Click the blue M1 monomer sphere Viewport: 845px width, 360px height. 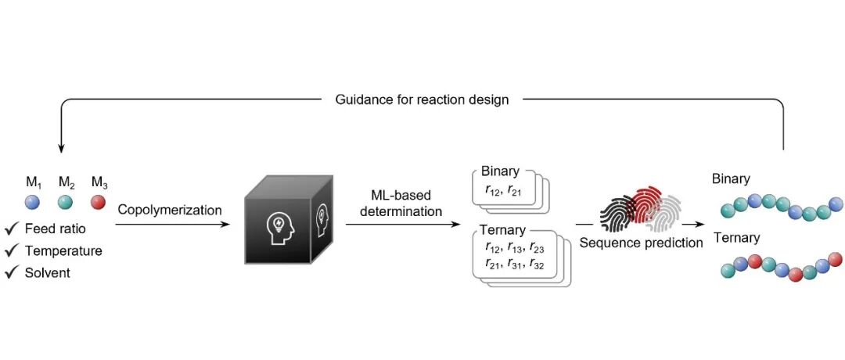(x=32, y=202)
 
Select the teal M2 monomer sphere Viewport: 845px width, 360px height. (x=65, y=202)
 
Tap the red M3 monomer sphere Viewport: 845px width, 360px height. (x=98, y=202)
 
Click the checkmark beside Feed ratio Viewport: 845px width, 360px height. (x=12, y=229)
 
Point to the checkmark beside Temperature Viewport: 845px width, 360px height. (x=12, y=251)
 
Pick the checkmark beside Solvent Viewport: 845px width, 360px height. (x=12, y=272)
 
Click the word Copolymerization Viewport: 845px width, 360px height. (x=170, y=211)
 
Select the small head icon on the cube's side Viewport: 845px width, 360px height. (x=322, y=214)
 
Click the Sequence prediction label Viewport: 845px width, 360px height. (x=642, y=243)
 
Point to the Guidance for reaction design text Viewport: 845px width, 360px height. (x=422, y=99)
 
